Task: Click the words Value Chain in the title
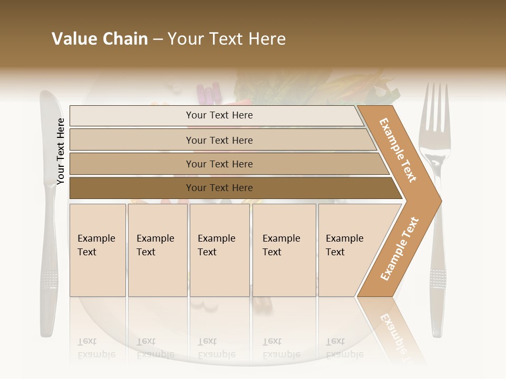tap(100, 39)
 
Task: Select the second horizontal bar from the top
tap(219, 140)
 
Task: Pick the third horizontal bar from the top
tap(219, 164)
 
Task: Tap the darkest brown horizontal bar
tap(219, 188)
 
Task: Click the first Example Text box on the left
tap(98, 250)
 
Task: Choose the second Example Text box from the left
tap(157, 250)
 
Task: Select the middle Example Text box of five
tap(219, 250)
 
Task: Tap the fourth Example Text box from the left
tap(284, 250)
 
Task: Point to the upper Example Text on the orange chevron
tap(398, 150)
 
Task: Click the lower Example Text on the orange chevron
tap(400, 249)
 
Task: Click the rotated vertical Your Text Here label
tap(61, 152)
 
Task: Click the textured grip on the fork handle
tap(437, 279)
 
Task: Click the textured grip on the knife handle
tap(49, 279)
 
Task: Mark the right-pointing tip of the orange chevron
tap(440, 201)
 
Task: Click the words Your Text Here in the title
tap(227, 39)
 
